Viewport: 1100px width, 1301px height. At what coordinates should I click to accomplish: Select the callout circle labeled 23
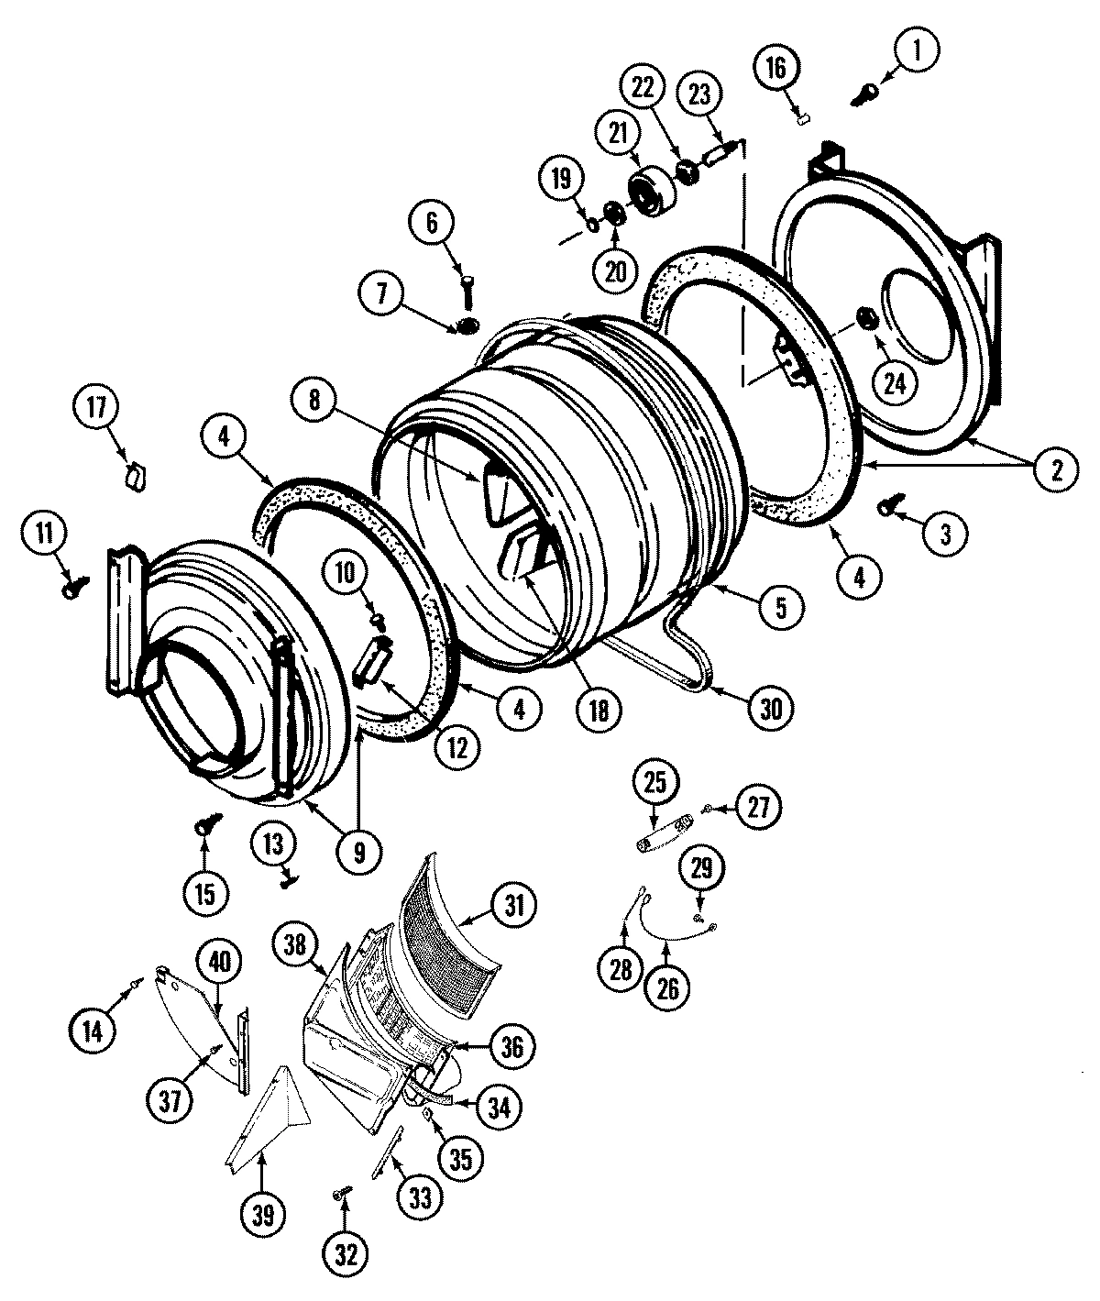700,96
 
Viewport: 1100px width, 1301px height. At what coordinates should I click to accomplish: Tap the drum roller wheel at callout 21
653,193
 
